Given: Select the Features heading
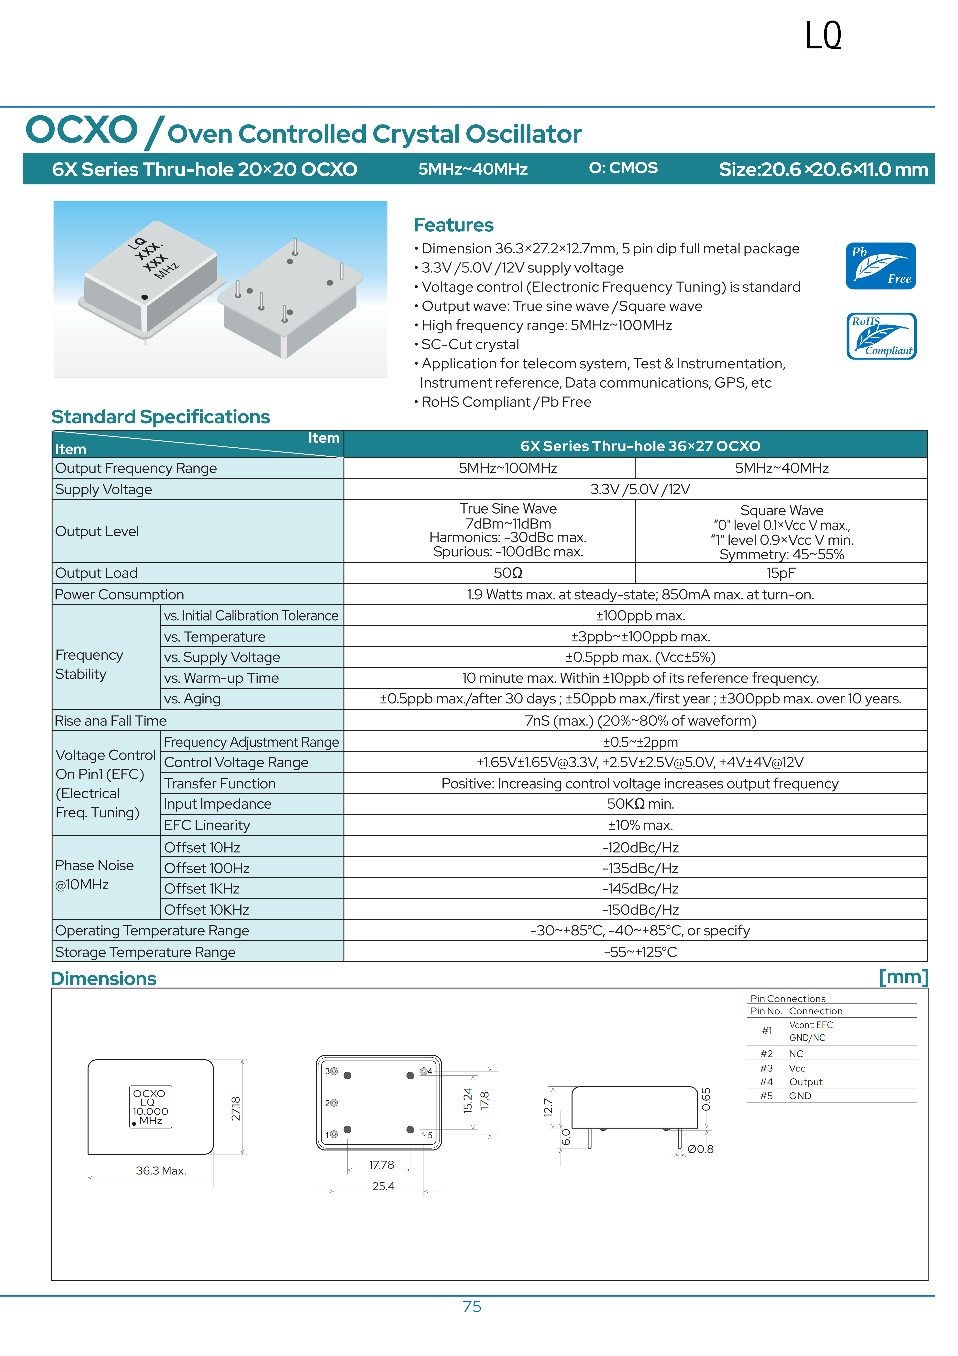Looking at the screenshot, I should pyautogui.click(x=453, y=225).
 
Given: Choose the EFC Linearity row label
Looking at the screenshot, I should pyautogui.click(x=207, y=825).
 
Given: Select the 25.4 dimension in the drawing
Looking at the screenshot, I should pyautogui.click(x=383, y=1186).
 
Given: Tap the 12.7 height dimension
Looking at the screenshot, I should pyautogui.click(x=548, y=1107).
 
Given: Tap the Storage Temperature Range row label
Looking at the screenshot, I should pyautogui.click(x=145, y=952).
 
